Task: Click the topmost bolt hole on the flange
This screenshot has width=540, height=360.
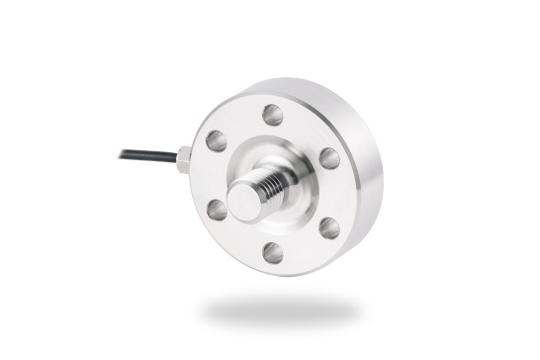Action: [x=272, y=114]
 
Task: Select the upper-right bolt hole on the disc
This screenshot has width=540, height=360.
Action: [x=327, y=158]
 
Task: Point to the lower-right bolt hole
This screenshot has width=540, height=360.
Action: [x=328, y=228]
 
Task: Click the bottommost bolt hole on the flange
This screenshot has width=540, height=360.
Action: [x=272, y=252]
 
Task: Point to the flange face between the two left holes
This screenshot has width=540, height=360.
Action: [x=209, y=175]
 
